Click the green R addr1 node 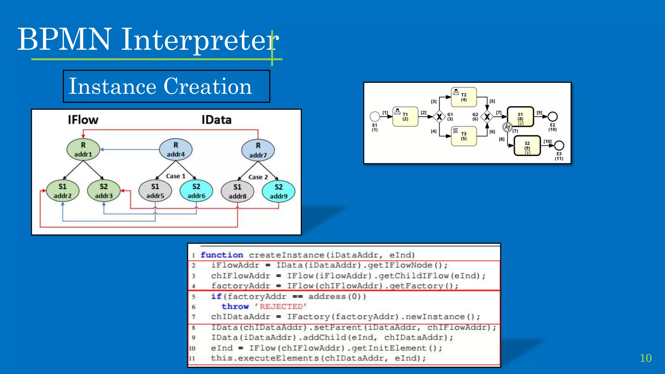[83, 150]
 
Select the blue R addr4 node [176, 150]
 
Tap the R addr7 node [258, 150]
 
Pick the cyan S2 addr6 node [196, 191]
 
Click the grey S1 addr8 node [237, 192]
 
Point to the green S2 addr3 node [104, 191]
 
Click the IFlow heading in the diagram [83, 120]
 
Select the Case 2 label [258, 177]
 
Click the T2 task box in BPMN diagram [464, 97]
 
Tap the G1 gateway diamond [439, 117]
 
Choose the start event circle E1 [375, 116]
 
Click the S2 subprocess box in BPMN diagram [527, 146]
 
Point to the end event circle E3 [559, 145]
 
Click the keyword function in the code [222, 255]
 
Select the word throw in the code [235, 306]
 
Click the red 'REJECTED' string [280, 306]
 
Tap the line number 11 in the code [192, 358]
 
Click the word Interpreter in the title [200, 40]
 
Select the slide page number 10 [646, 358]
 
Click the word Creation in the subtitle [208, 86]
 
